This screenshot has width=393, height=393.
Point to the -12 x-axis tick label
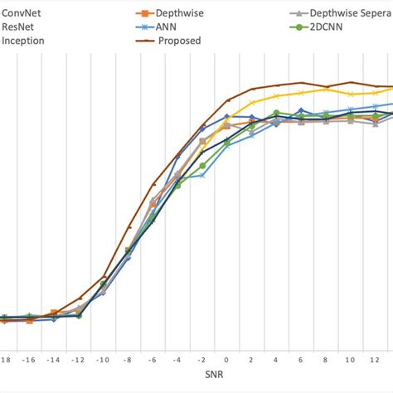coord(78,361)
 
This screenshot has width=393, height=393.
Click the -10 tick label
coord(103,361)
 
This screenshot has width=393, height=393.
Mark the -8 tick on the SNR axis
coord(129,361)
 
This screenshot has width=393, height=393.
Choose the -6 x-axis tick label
coord(153,361)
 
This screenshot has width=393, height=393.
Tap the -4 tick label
coord(177,361)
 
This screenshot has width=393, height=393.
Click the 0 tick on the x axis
coord(226,361)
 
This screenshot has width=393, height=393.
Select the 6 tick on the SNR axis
coord(301,361)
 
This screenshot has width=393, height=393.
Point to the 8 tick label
coord(326,361)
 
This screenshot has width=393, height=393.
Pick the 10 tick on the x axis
coord(351,361)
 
